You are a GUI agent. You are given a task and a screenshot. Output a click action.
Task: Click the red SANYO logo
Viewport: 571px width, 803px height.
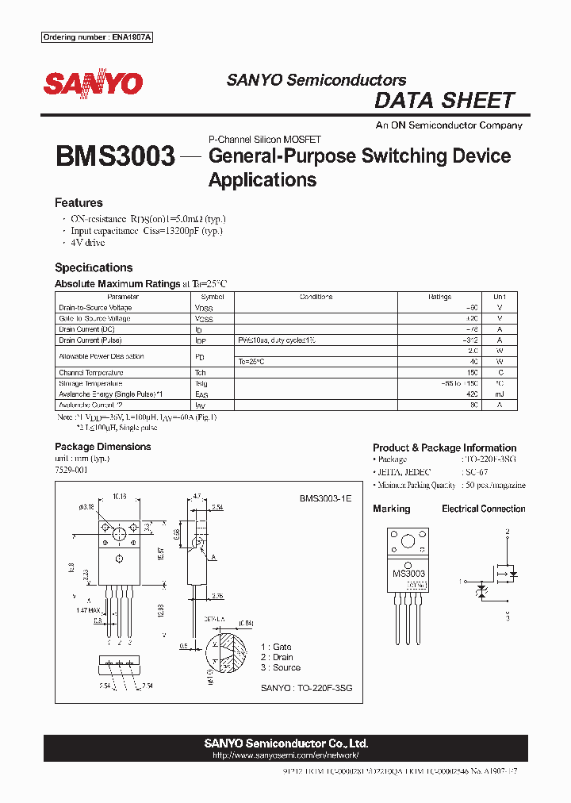click(93, 83)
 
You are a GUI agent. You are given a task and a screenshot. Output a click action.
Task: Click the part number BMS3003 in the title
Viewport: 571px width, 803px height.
click(115, 156)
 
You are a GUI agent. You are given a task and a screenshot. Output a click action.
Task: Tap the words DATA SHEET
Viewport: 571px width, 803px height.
click(444, 101)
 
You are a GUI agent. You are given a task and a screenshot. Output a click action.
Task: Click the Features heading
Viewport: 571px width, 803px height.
click(79, 203)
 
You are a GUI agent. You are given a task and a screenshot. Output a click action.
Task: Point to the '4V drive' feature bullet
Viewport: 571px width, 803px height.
click(87, 243)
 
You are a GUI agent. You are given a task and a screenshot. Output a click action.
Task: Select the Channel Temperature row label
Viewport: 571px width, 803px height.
click(91, 372)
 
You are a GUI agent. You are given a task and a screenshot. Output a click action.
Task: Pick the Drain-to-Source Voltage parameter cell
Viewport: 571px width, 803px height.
click(95, 308)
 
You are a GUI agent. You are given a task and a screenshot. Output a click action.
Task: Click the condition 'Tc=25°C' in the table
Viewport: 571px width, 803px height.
click(251, 361)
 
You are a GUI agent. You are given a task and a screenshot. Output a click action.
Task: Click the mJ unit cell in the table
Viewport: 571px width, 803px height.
click(500, 394)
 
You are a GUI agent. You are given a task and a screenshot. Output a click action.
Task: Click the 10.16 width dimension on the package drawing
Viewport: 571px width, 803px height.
click(120, 497)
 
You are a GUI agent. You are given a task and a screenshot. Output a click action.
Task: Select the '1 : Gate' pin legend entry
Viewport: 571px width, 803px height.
click(276, 647)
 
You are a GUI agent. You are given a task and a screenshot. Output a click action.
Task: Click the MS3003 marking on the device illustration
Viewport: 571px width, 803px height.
click(409, 573)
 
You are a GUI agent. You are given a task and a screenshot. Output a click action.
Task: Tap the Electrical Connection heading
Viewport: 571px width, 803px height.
click(484, 509)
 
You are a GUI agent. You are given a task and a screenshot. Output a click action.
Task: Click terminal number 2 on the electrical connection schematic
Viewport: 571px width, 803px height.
click(508, 529)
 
